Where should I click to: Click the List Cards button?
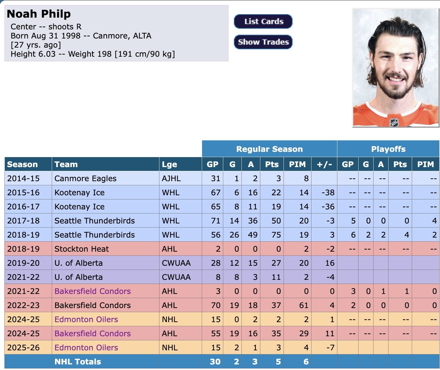click(263, 21)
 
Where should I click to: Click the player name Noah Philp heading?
click(39, 14)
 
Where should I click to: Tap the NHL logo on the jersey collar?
click(394, 122)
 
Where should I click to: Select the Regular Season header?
click(269, 149)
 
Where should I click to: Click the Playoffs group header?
click(388, 149)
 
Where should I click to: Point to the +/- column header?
click(324, 164)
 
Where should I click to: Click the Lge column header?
click(169, 164)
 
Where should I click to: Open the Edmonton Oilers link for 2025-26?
click(86, 347)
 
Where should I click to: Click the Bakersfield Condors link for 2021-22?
click(92, 291)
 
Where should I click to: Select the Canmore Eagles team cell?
click(85, 178)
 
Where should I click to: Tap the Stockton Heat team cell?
click(81, 249)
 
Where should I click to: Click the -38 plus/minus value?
click(328, 192)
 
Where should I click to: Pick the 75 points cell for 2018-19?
click(276, 235)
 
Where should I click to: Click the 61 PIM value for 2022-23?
click(304, 305)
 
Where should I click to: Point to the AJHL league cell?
click(171, 178)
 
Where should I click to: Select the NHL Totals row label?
click(78, 361)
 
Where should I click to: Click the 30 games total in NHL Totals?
click(215, 361)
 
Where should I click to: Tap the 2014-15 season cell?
click(23, 178)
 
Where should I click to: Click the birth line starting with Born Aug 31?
click(81, 36)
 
